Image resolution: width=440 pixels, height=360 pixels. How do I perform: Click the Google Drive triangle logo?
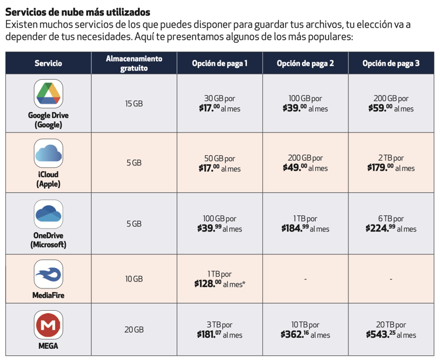[48, 94]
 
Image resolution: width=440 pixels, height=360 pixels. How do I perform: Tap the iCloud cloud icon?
[48, 153]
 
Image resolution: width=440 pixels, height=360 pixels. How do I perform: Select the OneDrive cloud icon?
[48, 214]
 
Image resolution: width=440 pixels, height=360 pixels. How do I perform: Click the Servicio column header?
[48, 63]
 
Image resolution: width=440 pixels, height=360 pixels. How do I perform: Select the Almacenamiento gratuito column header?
[134, 63]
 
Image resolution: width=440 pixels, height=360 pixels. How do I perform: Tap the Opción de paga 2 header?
[304, 63]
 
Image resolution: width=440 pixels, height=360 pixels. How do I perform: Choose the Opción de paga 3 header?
[391, 63]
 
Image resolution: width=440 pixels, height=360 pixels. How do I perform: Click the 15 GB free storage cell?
[134, 104]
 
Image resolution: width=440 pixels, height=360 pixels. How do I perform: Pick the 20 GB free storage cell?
[134, 330]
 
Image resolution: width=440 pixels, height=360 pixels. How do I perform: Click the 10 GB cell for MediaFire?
[134, 279]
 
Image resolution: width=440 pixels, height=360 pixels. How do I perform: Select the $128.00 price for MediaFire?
[208, 284]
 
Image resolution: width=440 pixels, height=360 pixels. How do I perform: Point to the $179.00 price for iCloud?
[380, 168]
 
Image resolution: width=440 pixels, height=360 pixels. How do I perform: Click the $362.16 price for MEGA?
[295, 335]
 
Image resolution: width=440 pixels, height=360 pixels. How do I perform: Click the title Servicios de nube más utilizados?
[77, 12]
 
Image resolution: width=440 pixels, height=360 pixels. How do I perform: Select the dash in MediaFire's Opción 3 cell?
[391, 279]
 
